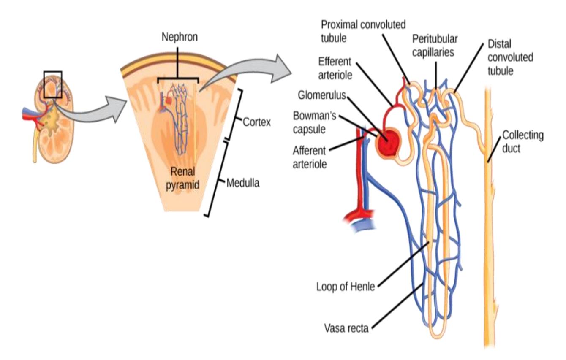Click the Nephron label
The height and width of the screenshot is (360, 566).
coord(180,37)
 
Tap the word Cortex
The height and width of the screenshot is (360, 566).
coord(257,122)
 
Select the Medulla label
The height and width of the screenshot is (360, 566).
coord(243,183)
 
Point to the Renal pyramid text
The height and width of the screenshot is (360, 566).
coord(182,179)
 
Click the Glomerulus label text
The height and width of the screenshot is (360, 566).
coord(322,95)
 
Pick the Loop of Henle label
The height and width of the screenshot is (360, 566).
coord(346,287)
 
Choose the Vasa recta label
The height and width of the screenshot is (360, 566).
coord(346,328)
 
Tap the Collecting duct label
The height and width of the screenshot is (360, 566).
coord(523,142)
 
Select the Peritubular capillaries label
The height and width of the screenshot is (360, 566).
coord(435,46)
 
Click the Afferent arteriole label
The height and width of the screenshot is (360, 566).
coord(310,157)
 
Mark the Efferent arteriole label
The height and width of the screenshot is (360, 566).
coord(335,68)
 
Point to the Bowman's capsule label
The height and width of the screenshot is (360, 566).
coord(315,122)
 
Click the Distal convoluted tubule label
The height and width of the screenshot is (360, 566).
coord(510,57)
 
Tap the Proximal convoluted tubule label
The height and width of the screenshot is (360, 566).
coord(363,31)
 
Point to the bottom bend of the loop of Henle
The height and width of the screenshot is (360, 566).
coord(438,336)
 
